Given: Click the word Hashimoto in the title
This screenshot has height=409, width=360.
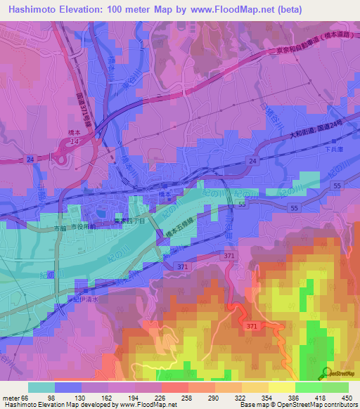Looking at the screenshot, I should (32, 8).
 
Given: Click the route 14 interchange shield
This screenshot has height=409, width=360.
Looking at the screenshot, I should (73, 142).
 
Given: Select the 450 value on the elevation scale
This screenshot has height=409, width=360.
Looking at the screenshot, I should (347, 397).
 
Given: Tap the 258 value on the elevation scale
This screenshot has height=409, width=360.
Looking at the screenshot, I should (188, 397).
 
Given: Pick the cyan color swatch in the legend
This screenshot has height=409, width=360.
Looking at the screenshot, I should (41, 387).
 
